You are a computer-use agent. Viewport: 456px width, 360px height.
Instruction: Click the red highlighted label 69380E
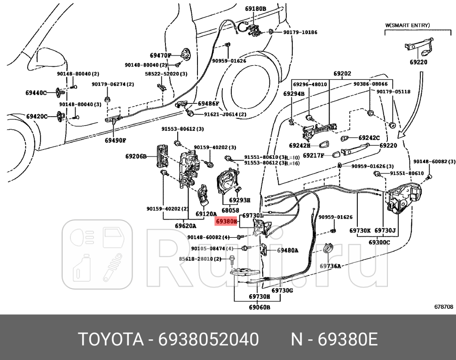pyautogui.click(x=227, y=220)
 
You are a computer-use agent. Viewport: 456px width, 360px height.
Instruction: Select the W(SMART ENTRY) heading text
pyautogui.click(x=408, y=25)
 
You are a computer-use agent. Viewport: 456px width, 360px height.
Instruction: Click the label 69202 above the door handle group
pyautogui.click(x=342, y=74)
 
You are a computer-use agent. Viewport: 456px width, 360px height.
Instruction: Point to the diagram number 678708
pyautogui.click(x=443, y=306)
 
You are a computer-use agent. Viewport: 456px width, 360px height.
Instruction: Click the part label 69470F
pyautogui.click(x=161, y=55)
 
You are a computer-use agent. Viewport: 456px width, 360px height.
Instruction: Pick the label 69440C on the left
pyautogui.click(x=36, y=93)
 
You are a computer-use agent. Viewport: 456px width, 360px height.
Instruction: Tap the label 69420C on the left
pyautogui.click(x=36, y=116)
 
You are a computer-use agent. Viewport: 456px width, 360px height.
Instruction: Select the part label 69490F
pyautogui.click(x=115, y=140)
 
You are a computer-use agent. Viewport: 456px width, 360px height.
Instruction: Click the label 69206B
pyautogui.click(x=136, y=156)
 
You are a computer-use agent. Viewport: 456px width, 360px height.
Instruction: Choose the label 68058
pyautogui.click(x=231, y=210)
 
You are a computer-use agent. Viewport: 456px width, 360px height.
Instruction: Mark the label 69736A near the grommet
pyautogui.click(x=330, y=266)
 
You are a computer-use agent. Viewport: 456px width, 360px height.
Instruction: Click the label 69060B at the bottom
pyautogui.click(x=259, y=308)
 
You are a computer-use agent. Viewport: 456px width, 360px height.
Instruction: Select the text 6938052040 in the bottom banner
pyautogui.click(x=208, y=338)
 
